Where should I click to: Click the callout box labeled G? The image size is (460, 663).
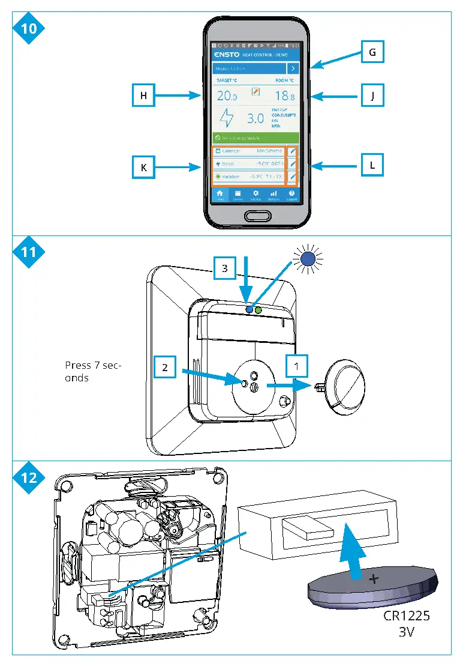pyautogui.click(x=372, y=53)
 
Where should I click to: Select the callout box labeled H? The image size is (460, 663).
pyautogui.click(x=143, y=95)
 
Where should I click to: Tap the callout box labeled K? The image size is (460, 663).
pyautogui.click(x=143, y=168)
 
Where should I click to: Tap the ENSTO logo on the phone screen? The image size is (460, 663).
pyautogui.click(x=226, y=55)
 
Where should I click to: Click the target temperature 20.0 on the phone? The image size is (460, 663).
pyautogui.click(x=227, y=96)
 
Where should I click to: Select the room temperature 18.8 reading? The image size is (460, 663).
pyautogui.click(x=284, y=96)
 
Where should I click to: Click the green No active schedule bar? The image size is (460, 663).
pyautogui.click(x=256, y=138)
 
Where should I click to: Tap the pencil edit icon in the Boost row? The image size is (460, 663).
pyautogui.click(x=293, y=164)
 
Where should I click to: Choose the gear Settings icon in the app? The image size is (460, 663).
pyautogui.click(x=256, y=194)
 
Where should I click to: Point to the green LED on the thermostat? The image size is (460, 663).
pyautogui.click(x=259, y=310)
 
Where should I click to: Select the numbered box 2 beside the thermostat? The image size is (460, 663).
pyautogui.click(x=165, y=368)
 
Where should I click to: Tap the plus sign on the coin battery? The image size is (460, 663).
pyautogui.click(x=374, y=580)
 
